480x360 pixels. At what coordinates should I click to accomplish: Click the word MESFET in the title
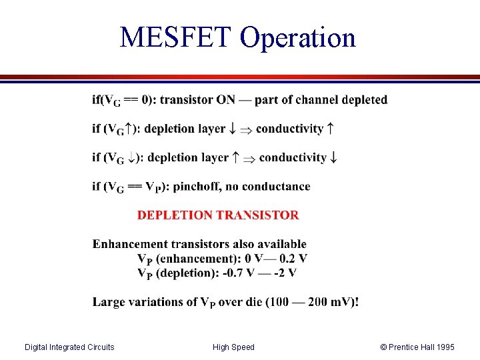177,37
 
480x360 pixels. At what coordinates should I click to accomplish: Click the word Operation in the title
298,39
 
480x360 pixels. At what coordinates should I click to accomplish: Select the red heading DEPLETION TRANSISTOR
218,215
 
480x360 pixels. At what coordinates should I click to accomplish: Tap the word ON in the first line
225,100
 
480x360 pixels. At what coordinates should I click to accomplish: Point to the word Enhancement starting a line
130,244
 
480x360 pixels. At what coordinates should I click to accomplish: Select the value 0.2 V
292,258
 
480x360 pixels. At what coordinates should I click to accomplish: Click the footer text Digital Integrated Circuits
69,347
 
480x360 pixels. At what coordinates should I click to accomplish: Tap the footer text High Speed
233,347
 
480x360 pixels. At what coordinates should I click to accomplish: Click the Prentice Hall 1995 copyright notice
417,347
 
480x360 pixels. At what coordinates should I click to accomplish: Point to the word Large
108,302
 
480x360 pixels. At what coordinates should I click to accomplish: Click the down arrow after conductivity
333,158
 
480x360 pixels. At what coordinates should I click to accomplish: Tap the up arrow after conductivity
330,129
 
